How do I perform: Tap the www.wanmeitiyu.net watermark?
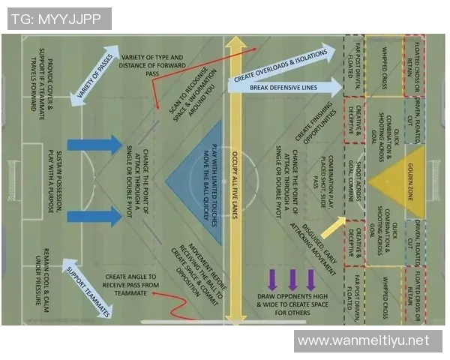364,341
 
